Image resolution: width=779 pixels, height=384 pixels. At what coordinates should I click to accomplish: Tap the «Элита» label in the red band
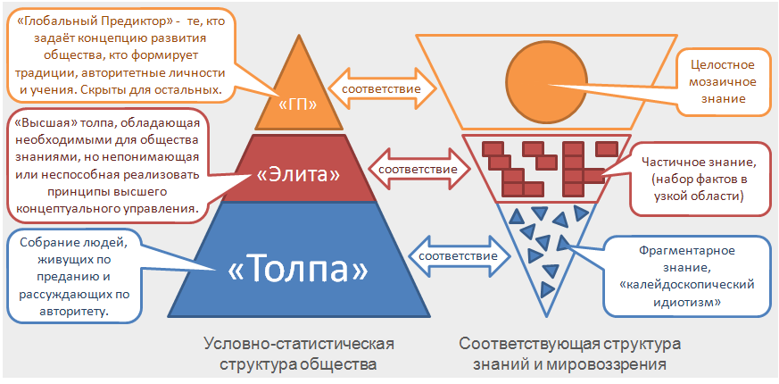298,175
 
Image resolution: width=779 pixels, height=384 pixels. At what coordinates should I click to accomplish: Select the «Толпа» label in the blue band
297,270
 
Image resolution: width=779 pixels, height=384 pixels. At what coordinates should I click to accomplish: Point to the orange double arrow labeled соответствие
382,88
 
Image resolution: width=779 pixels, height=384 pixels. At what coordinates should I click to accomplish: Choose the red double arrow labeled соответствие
418,168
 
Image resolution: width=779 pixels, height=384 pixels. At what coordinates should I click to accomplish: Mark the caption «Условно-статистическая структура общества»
298,354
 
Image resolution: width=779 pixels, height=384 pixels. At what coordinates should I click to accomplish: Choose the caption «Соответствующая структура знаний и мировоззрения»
569,354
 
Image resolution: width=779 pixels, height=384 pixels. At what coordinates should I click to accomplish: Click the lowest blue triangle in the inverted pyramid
547,288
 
